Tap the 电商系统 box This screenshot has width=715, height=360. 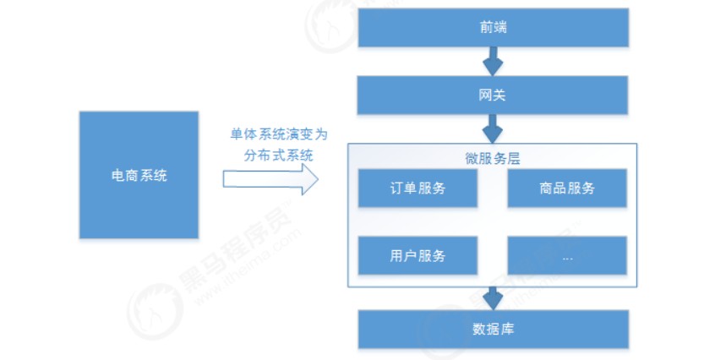click(x=139, y=174)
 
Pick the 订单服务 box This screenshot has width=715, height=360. click(x=418, y=188)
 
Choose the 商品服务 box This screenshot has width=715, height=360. click(x=567, y=188)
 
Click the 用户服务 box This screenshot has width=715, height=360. click(x=418, y=255)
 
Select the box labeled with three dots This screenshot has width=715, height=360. click(x=567, y=255)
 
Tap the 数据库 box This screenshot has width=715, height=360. click(x=494, y=329)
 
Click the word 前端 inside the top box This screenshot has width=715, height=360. click(x=494, y=28)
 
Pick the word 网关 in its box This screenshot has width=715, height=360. click(x=494, y=94)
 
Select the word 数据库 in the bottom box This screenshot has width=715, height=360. click(x=494, y=329)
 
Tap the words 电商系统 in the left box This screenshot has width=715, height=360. click(x=139, y=175)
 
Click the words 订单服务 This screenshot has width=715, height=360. click(x=418, y=188)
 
